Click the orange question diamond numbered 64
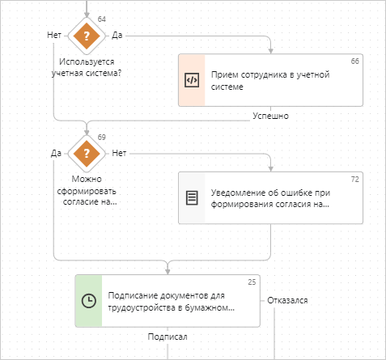coord(87,36)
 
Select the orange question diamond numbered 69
coord(87,154)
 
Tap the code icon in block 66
coord(192,80)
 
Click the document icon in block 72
coord(192,198)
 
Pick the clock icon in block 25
coord(89,301)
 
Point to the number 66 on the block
coord(354,61)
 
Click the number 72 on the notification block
coord(354,180)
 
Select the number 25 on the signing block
coord(252,282)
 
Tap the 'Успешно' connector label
coord(270,116)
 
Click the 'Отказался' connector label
coord(287,300)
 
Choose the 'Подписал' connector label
coord(168,337)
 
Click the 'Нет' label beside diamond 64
coord(54,35)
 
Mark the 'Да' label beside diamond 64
coord(117,35)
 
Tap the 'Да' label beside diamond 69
coord(56,153)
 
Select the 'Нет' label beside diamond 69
coord(119,153)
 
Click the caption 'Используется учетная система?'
coord(87,67)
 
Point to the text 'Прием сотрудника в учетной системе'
coord(270,80)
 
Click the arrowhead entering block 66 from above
coord(270,51)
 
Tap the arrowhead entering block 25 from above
coord(168,272)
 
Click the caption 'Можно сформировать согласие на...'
coord(87,190)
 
